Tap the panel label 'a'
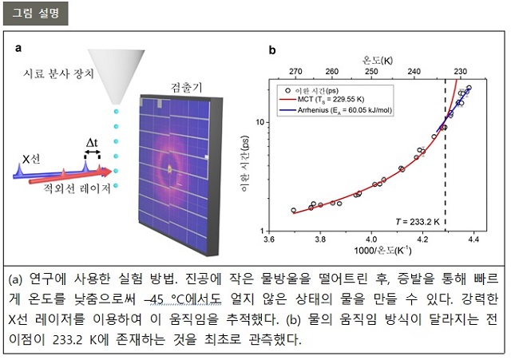pyautogui.click(x=18, y=49)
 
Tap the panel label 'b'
pyautogui.click(x=271, y=49)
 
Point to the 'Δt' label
pyautogui.click(x=93, y=143)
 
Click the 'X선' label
pyautogui.click(x=31, y=160)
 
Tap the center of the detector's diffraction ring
pyautogui.click(x=171, y=168)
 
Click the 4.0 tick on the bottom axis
pyautogui.click(x=371, y=238)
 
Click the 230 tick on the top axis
pyautogui.click(x=461, y=71)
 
